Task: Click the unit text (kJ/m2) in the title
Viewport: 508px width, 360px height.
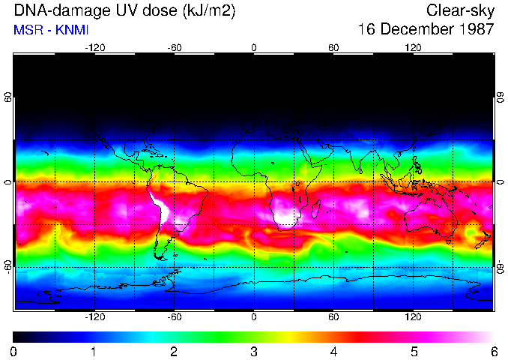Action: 197,10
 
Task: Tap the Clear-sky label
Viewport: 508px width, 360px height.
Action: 460,10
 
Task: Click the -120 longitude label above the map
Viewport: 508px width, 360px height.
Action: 94,47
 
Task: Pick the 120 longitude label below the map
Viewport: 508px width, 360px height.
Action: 414,317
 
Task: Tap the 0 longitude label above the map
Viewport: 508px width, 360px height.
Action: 254,47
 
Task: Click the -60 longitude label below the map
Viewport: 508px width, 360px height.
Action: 174,317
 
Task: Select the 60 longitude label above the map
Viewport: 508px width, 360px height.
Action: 333,47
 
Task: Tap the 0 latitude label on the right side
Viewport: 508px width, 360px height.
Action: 500,182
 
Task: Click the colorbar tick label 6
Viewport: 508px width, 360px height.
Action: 493,351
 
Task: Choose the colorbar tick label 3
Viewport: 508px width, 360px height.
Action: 254,351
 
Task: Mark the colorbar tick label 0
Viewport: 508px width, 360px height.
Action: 14,351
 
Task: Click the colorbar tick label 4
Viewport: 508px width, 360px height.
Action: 333,351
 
